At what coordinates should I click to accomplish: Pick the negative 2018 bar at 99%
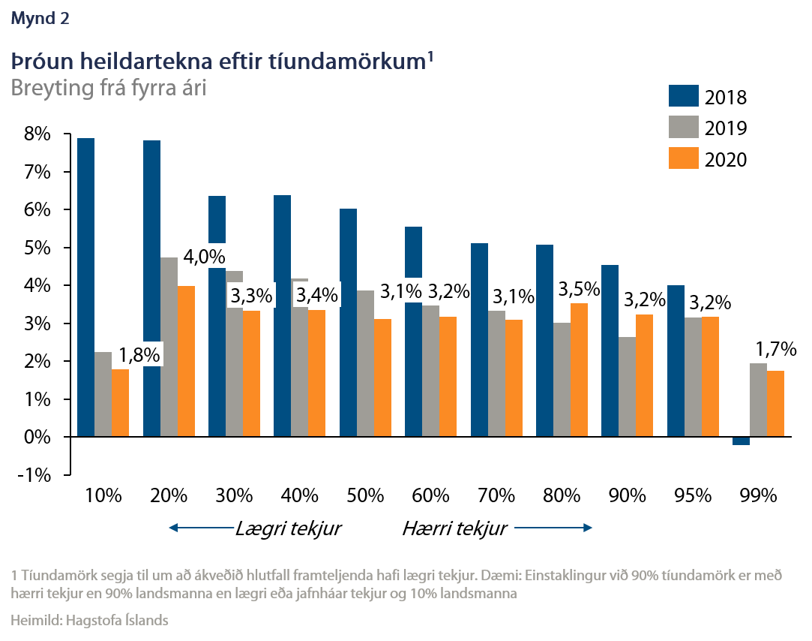click(741, 441)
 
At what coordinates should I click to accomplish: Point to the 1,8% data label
click(139, 355)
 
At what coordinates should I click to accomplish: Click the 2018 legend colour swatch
click(683, 97)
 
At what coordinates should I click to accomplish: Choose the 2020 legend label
click(726, 158)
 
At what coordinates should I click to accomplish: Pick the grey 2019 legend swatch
click(683, 128)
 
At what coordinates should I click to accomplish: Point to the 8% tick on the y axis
click(37, 135)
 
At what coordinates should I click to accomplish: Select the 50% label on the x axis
click(365, 496)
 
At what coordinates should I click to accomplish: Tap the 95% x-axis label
click(692, 496)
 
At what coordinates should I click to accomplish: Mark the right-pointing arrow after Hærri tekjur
click(556, 528)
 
